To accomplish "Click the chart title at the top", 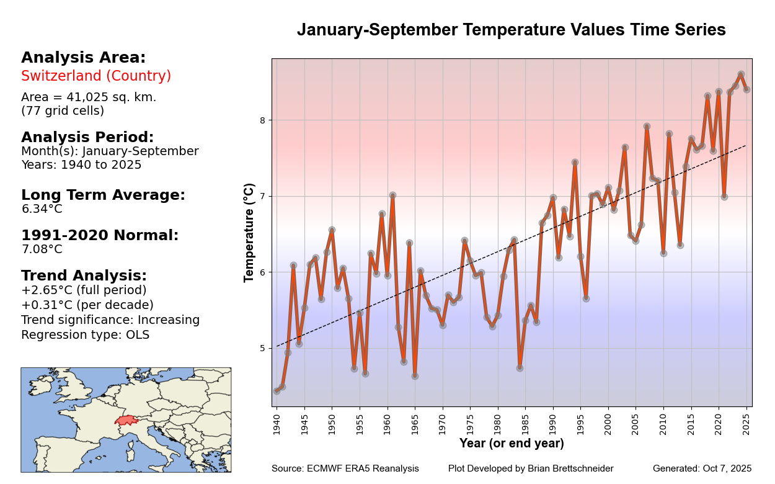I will (x=511, y=30).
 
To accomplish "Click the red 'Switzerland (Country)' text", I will (x=96, y=76).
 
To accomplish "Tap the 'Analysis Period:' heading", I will (x=87, y=137).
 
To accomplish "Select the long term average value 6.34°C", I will (x=42, y=209).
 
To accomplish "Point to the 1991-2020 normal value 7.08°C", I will (x=42, y=249).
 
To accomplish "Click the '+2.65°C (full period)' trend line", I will (x=84, y=290).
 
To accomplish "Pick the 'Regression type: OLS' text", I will (x=85, y=335).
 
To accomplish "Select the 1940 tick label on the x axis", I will (x=277, y=423).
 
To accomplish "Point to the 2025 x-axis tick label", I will (x=746, y=423).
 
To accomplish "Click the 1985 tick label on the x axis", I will (x=525, y=423).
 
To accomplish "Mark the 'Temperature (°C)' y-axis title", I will (x=249, y=233).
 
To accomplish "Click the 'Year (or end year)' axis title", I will (x=511, y=444).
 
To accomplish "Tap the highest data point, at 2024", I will (x=741, y=74).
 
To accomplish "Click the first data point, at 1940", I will (x=277, y=390).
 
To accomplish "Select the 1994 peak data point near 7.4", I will (x=575, y=163).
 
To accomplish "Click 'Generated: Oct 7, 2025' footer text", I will (x=702, y=469).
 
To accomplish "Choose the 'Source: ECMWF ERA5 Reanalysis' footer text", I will (x=345, y=469).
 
